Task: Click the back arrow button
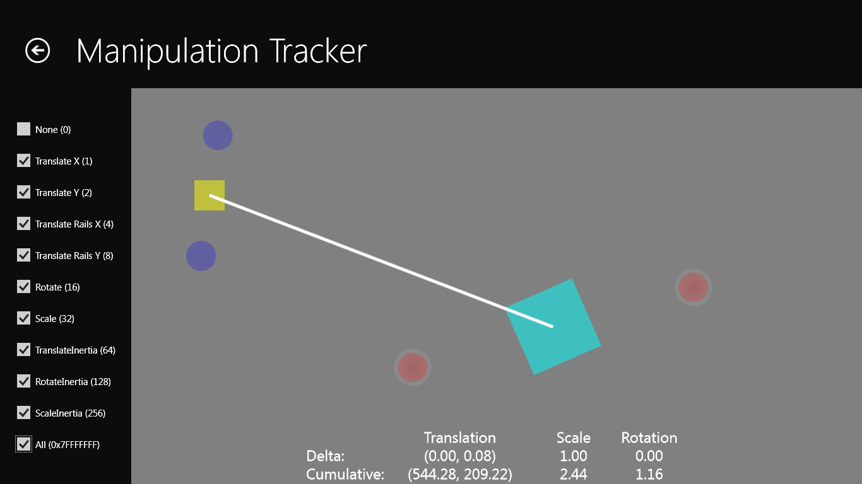[x=37, y=50]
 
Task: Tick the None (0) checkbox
[x=23, y=129]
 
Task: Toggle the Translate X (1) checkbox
[x=23, y=161]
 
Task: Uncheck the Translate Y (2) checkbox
[x=23, y=192]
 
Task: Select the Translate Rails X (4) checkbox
[x=23, y=224]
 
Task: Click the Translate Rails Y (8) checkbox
[x=23, y=255]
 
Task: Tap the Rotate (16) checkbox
[x=23, y=287]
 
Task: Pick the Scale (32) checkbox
[x=23, y=318]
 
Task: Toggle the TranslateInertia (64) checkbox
[x=23, y=350]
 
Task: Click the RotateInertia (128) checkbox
[x=23, y=381]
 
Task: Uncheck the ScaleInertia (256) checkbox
[x=23, y=413]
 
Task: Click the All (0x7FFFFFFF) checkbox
[x=23, y=444]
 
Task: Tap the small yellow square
[x=210, y=195]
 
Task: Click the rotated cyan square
[x=553, y=326]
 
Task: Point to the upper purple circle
[x=218, y=135]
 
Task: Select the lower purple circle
[x=201, y=256]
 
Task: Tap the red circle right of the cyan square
[x=694, y=287]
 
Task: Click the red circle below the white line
[x=413, y=367]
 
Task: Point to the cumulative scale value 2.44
[x=574, y=475]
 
